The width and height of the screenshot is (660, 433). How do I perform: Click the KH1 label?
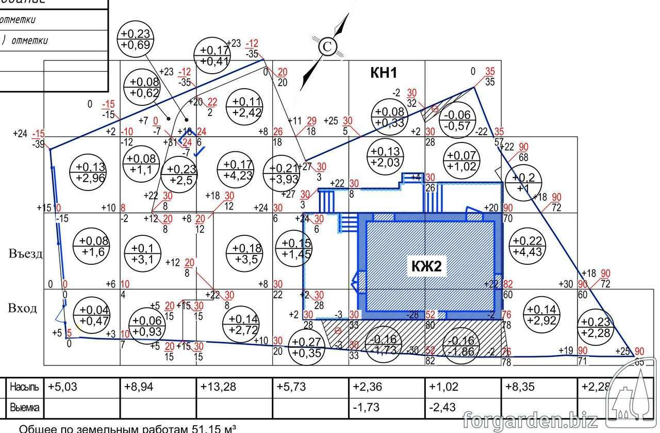click(x=384, y=73)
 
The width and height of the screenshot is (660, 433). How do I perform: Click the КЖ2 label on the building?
click(x=426, y=266)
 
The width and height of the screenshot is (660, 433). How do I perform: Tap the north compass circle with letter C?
click(x=326, y=47)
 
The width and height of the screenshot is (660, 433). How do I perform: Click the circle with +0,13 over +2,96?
click(x=90, y=172)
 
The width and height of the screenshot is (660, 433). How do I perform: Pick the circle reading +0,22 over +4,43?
click(x=526, y=246)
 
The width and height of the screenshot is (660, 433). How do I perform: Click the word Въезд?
click(x=25, y=254)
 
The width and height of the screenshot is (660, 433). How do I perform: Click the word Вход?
click(x=23, y=308)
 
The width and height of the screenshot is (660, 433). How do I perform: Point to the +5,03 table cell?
click(x=62, y=387)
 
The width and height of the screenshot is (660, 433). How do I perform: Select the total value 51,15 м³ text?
click(x=206, y=428)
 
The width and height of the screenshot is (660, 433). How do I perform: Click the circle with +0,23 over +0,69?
click(x=136, y=39)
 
